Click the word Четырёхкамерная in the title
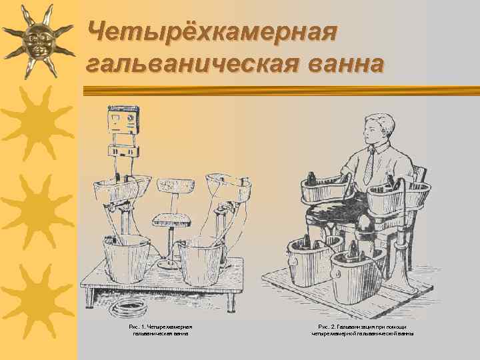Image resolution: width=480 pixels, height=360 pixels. coord(213,30)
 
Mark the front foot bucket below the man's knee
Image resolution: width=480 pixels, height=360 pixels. coord(353,273)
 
